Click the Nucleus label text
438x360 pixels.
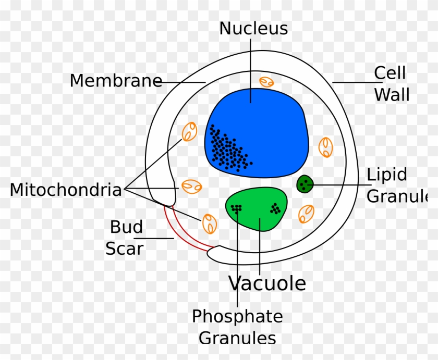pyautogui.click(x=253, y=29)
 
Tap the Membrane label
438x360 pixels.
pyautogui.click(x=116, y=80)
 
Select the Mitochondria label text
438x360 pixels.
pyautogui.click(x=66, y=190)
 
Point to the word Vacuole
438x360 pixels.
pyautogui.click(x=267, y=283)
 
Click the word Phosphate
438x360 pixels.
pyautogui.click(x=237, y=317)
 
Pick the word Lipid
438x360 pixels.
pyautogui.click(x=386, y=175)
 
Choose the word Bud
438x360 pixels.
pyautogui.click(x=126, y=227)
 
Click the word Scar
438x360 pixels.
pyautogui.click(x=125, y=249)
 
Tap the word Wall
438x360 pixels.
pyautogui.click(x=392, y=95)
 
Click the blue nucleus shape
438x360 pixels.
pyautogui.click(x=257, y=133)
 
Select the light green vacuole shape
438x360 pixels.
pyautogui.click(x=257, y=209)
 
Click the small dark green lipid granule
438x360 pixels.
pyautogui.click(x=305, y=184)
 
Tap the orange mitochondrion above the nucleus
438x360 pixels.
pyautogui.click(x=266, y=82)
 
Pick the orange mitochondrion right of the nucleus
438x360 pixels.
pyautogui.click(x=326, y=147)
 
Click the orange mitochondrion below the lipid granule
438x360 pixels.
pyautogui.click(x=306, y=214)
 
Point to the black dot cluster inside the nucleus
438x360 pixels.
pyautogui.click(x=228, y=150)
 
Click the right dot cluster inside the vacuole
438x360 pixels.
pyautogui.click(x=275, y=209)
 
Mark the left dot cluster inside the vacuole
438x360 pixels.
pyautogui.click(x=236, y=209)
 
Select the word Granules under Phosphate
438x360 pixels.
pyautogui.click(x=237, y=338)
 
